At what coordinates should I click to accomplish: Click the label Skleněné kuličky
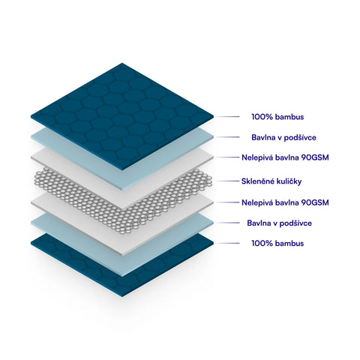271,181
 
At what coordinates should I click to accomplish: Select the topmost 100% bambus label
277,117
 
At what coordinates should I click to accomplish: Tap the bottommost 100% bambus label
277,243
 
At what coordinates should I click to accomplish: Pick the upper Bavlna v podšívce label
283,137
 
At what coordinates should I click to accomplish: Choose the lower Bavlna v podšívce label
280,223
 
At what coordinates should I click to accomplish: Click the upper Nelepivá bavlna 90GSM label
285,157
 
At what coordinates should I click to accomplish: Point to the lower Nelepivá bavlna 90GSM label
285,202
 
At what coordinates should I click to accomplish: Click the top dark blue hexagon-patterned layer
122,116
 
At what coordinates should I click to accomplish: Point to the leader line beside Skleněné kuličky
227,181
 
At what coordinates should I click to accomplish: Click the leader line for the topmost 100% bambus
227,117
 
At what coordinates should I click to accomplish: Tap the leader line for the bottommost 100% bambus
227,243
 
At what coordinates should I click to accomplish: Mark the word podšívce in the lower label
295,223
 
